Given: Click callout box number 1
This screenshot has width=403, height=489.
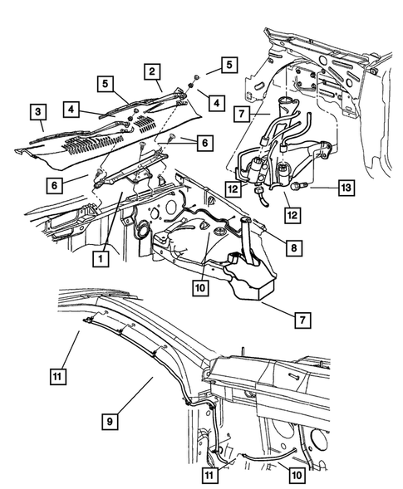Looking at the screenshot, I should point(99,258).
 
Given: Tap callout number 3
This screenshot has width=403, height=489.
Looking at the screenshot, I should point(37,111).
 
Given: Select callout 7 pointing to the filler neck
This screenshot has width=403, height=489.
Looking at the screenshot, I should point(241,111).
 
